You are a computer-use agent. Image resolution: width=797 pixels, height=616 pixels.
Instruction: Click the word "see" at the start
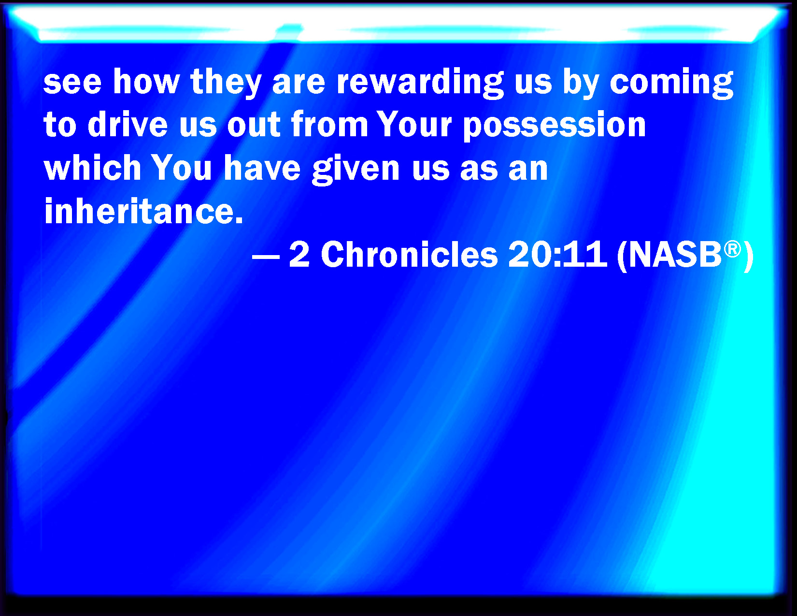pyautogui.click(x=72, y=82)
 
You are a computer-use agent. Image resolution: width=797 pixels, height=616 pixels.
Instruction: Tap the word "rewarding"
pyautogui.click(x=420, y=83)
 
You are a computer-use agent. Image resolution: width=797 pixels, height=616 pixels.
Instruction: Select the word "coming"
pyautogui.click(x=671, y=83)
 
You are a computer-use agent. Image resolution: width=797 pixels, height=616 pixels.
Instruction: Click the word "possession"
pyautogui.click(x=554, y=126)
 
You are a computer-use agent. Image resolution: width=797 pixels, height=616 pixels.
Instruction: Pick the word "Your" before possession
pyautogui.click(x=414, y=124)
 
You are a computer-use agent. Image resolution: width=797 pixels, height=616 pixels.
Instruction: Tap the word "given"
pyautogui.click(x=356, y=169)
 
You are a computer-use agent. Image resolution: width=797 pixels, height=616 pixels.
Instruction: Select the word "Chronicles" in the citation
pyautogui.click(x=409, y=254)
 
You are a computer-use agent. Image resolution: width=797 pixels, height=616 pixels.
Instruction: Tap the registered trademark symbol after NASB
pyautogui.click(x=732, y=249)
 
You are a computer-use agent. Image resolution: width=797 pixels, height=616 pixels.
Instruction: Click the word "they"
pyautogui.click(x=226, y=83)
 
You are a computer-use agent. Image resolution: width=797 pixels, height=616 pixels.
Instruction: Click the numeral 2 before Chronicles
pyautogui.click(x=299, y=254)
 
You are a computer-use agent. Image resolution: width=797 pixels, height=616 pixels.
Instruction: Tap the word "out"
pyautogui.click(x=254, y=125)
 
